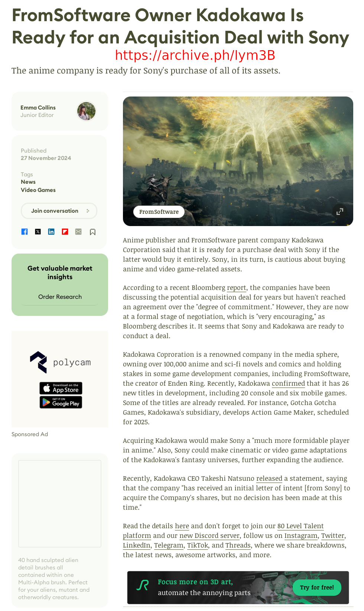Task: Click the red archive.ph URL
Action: (195, 55)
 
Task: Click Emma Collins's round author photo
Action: (86, 111)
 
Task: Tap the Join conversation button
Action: (59, 211)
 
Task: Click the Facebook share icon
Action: (25, 232)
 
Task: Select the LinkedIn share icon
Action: (51, 232)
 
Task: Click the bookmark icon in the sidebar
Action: (93, 232)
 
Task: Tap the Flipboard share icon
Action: (65, 232)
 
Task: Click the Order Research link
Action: (60, 297)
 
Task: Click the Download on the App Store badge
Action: (61, 388)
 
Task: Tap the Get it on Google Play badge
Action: (61, 402)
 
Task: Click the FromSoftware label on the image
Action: (159, 212)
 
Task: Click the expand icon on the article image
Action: (339, 212)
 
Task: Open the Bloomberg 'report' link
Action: (237, 288)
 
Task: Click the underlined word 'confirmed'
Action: (288, 383)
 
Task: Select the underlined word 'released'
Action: (269, 478)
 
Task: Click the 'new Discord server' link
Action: (209, 536)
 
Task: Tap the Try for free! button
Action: (317, 588)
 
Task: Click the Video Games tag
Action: (38, 190)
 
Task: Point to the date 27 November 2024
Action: (46, 158)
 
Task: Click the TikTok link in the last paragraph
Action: (198, 545)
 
